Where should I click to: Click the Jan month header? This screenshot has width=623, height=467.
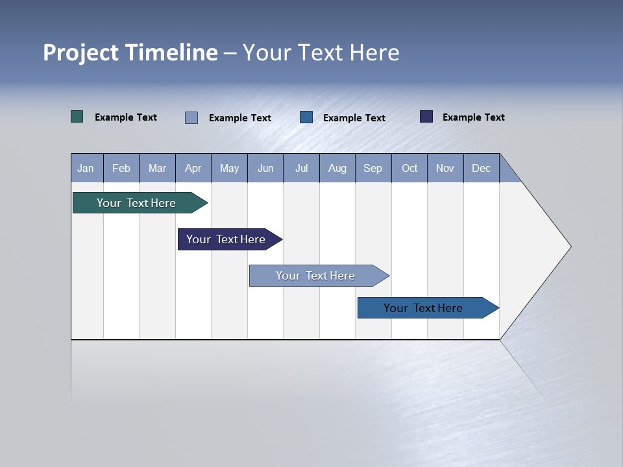pos(86,168)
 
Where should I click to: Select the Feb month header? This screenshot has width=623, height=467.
pos(121,168)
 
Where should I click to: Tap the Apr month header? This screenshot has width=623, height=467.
pos(193,168)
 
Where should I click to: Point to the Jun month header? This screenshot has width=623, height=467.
pos(265,168)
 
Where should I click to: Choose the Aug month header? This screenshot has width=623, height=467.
pos(337,168)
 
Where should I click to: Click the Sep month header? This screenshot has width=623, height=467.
pos(373,168)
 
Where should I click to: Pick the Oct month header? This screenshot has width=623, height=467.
pos(409,168)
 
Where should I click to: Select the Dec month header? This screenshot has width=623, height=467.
pos(482,168)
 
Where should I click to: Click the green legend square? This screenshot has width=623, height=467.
pos(77,117)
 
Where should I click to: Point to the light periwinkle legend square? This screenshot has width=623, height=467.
pos(191,117)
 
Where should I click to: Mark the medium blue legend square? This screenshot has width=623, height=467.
pos(306,117)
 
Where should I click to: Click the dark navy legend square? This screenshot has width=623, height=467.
pos(426,117)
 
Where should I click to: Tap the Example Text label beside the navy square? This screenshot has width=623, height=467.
pos(473,117)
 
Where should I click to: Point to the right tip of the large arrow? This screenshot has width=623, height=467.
pos(570,246)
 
